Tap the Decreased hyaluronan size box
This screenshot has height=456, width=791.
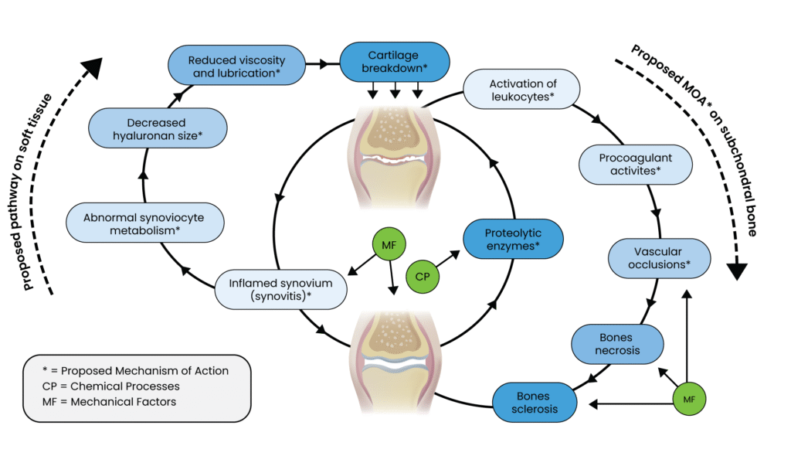(x=158, y=128)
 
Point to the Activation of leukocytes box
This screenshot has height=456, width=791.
(x=521, y=90)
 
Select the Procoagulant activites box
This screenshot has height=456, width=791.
(x=635, y=164)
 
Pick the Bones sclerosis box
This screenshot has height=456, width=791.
(x=535, y=402)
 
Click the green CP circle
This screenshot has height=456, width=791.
(x=422, y=276)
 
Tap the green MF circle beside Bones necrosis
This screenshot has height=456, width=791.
(x=688, y=399)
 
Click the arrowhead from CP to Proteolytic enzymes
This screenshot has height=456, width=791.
(x=456, y=254)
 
